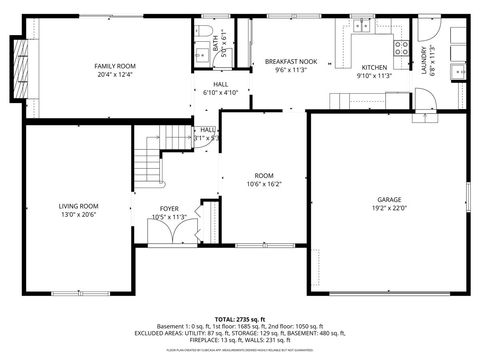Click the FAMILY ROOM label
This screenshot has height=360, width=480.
115,66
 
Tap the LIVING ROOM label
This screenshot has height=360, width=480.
75,206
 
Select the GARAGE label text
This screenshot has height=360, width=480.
389,199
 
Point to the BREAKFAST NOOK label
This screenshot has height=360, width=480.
291,61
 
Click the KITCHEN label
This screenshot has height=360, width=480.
375,66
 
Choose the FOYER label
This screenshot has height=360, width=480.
169,209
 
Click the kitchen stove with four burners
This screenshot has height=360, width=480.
402,46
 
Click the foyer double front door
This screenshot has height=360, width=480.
167,234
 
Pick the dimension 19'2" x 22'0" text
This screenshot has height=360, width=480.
389,208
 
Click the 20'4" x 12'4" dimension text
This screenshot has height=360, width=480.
115,75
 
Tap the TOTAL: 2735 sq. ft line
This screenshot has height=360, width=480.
240,318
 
